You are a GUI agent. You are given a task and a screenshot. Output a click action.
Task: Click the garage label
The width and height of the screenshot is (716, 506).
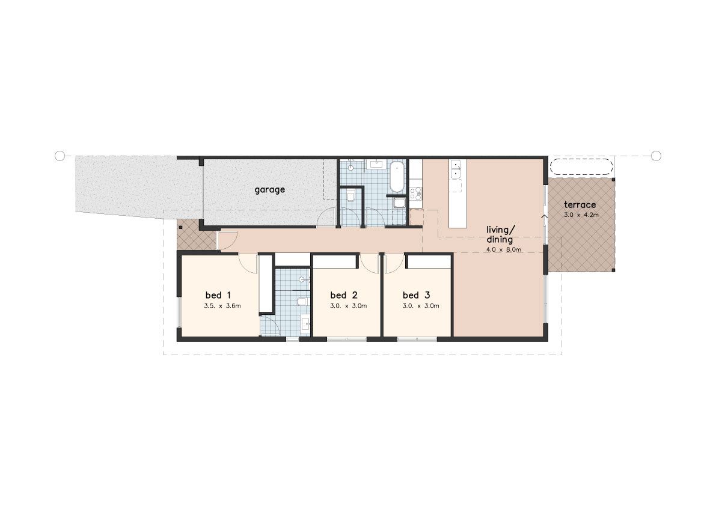269,190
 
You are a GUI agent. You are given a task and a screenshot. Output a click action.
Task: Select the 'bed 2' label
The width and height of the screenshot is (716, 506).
344,295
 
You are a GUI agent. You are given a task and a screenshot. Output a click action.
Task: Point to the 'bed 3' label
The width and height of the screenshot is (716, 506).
417,295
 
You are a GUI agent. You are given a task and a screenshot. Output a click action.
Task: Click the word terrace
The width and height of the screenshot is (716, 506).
580,205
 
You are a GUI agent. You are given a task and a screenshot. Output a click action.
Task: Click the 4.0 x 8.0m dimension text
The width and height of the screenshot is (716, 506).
503,249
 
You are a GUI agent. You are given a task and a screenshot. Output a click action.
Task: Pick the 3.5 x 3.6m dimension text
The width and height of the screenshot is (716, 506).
222,306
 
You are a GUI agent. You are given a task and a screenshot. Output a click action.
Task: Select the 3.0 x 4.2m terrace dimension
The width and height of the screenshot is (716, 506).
581,215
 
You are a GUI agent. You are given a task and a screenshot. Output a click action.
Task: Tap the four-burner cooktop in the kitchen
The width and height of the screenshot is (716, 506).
416,193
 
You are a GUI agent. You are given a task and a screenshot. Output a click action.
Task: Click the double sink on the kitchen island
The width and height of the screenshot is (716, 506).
456,169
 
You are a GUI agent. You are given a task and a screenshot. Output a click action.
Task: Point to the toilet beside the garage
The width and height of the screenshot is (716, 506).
350,196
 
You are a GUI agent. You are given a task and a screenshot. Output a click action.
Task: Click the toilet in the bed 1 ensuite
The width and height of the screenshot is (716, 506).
303,301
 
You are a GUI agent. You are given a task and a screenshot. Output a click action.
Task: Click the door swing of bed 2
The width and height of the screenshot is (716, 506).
368,263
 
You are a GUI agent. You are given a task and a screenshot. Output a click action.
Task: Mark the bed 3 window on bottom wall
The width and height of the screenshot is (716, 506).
417,340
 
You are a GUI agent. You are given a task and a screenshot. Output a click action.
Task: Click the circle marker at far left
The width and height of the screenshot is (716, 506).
60,156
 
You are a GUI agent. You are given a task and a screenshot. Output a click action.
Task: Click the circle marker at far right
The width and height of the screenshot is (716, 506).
656,156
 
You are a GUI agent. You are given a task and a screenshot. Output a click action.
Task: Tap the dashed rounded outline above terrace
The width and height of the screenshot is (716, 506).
581,166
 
